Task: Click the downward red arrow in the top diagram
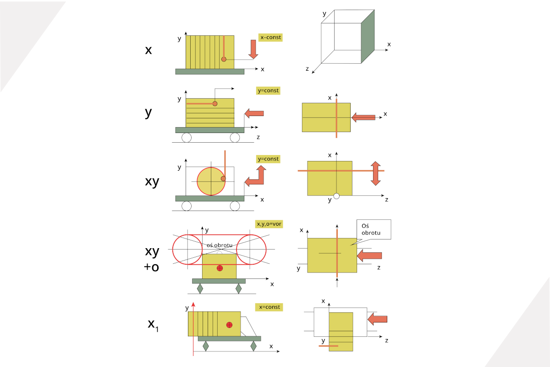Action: (253, 50)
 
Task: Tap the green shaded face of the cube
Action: (368, 36)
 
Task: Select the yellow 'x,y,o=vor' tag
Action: (269, 224)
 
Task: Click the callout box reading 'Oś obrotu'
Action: (374, 229)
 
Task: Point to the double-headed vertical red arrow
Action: (376, 173)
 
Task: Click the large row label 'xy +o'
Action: (152, 259)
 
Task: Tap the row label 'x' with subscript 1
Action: (153, 325)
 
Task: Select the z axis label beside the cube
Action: (307, 68)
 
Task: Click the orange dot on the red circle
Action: (223, 179)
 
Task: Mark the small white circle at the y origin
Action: (336, 196)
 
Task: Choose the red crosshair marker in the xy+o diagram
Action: (220, 268)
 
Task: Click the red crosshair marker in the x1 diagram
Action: (229, 325)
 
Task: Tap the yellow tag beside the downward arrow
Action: (270, 37)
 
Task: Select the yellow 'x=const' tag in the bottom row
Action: (269, 307)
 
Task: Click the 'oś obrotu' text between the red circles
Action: (220, 245)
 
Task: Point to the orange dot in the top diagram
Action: (224, 59)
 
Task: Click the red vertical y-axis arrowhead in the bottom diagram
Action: (193, 305)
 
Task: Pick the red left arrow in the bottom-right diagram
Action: (377, 319)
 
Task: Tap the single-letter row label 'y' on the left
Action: (148, 112)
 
